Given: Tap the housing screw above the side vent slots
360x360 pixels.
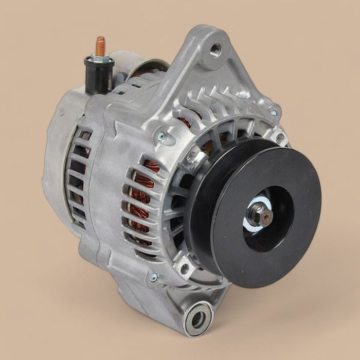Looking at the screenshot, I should [161, 136].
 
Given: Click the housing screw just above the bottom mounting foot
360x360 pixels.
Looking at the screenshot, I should [153, 278].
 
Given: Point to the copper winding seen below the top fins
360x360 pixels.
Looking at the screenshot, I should [185, 122].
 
